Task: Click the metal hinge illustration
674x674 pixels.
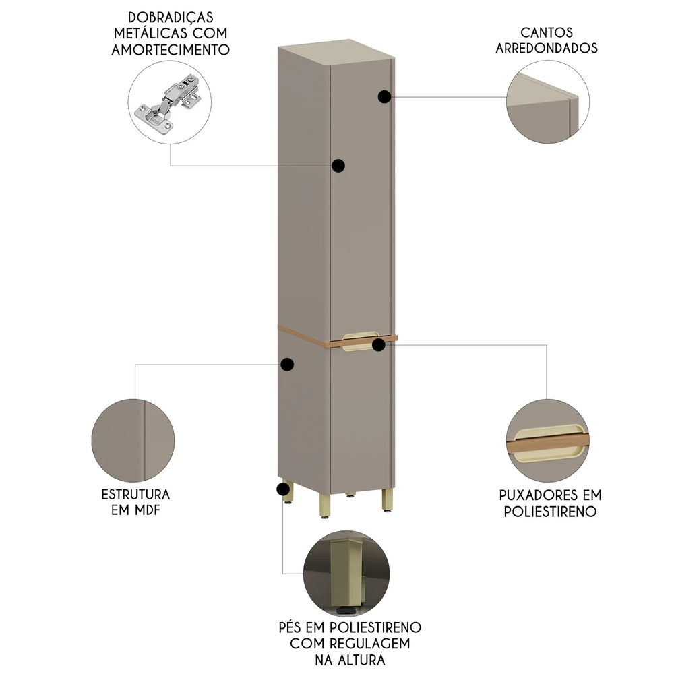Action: (x=170, y=104)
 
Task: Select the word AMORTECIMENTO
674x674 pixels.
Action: (x=171, y=50)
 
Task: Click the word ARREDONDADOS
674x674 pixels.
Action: (x=547, y=49)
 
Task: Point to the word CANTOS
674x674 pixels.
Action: (x=547, y=32)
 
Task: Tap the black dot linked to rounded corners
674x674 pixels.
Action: (x=384, y=97)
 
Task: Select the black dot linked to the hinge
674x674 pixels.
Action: (x=338, y=165)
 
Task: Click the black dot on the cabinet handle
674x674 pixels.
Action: (x=379, y=345)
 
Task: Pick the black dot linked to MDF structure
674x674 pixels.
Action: (x=288, y=365)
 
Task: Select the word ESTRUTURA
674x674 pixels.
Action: (x=135, y=494)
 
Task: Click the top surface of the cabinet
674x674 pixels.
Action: (x=334, y=53)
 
